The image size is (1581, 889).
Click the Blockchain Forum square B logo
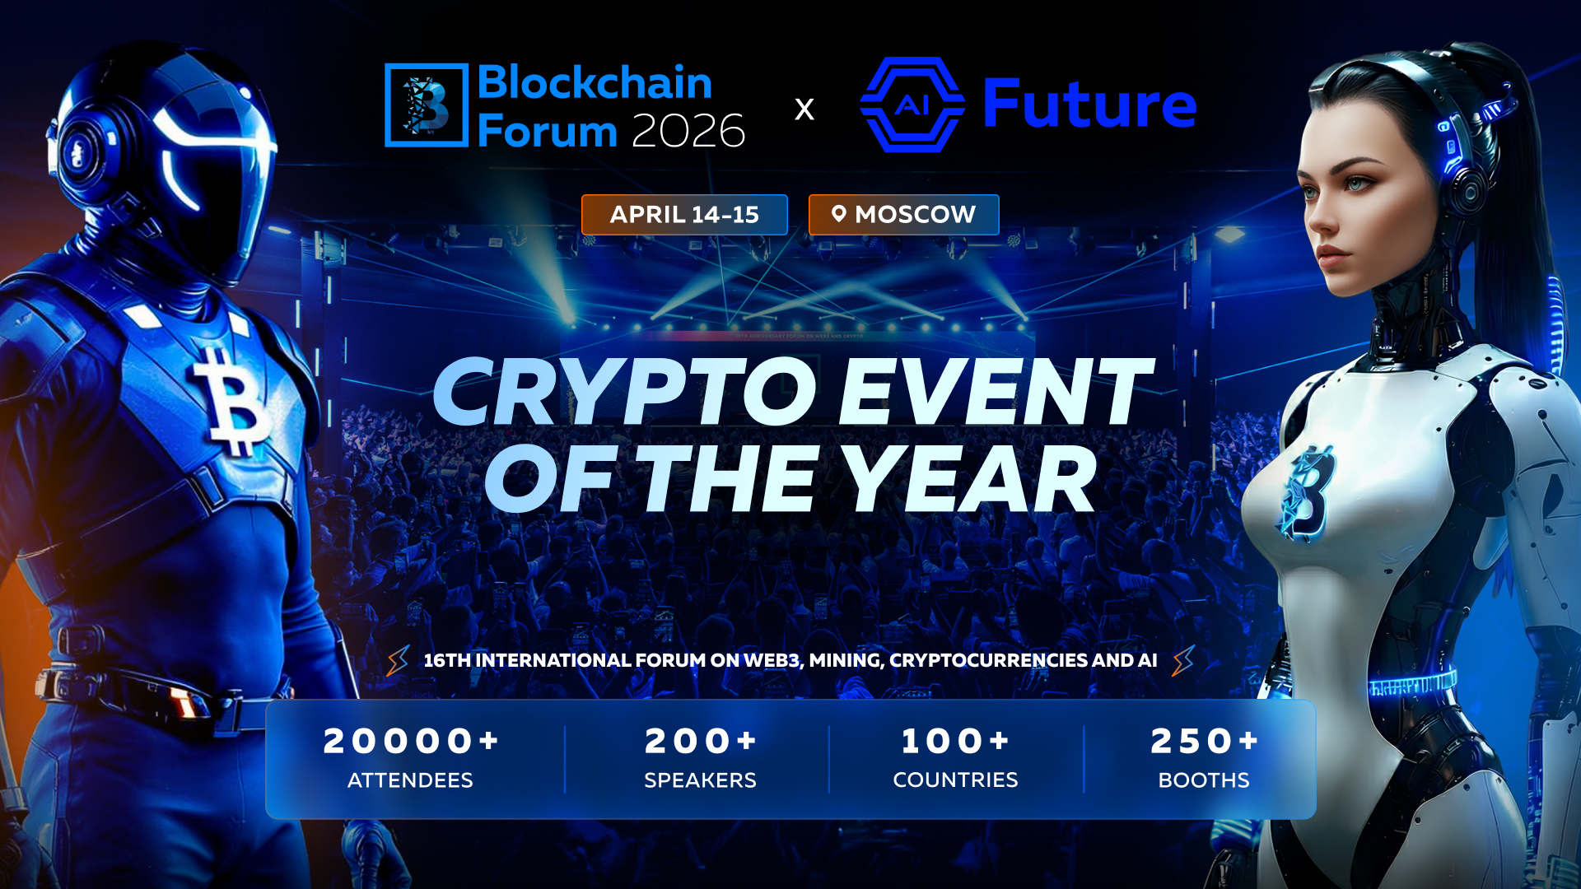427,105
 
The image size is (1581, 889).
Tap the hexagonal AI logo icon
912,105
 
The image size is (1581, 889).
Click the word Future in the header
1089,105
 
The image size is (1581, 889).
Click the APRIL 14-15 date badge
684,215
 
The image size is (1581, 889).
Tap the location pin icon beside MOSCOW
838,214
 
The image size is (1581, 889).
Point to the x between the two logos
804,109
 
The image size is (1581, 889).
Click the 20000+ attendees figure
411,741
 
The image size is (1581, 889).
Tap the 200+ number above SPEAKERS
700,741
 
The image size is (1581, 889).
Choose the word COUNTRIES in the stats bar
955,780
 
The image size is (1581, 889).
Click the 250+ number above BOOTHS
1204,741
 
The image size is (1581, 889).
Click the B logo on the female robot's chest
1307,493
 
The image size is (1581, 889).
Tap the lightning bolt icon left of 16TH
399,660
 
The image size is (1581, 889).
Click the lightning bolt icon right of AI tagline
1183,660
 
